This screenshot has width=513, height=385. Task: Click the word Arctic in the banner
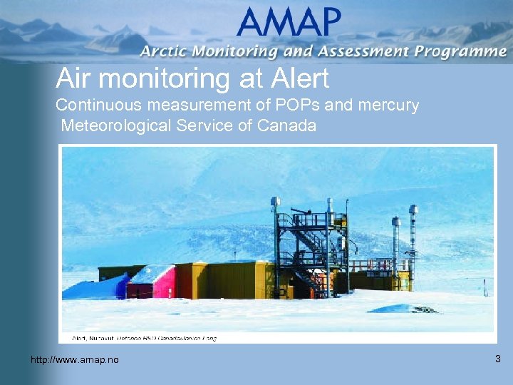click(x=164, y=51)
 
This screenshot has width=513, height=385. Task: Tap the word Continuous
click(x=99, y=105)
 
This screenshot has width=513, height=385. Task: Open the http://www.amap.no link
click(x=75, y=360)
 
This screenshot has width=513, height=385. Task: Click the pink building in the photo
click(x=162, y=282)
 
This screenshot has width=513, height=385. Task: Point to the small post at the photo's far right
click(x=484, y=287)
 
